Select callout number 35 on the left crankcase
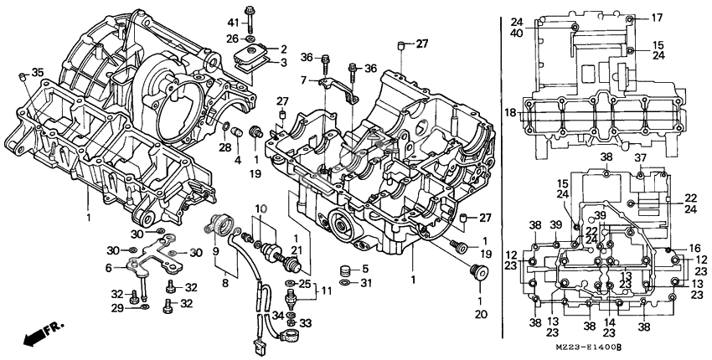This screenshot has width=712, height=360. point(37,72)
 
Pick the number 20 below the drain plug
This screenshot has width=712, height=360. point(480,315)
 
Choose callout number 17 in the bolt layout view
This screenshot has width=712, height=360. point(657,18)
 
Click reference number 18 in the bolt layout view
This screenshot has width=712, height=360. point(511,112)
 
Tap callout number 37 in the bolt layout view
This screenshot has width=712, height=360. point(640,157)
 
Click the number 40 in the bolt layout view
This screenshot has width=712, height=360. point(517,33)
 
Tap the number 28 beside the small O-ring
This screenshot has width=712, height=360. point(225,148)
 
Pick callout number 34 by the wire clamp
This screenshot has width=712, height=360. point(276,315)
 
